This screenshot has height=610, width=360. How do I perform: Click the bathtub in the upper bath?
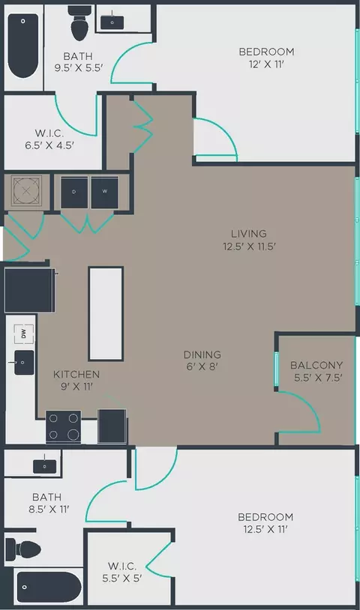23,46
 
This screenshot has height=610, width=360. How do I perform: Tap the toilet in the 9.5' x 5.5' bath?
79,23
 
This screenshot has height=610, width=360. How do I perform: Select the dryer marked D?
74,193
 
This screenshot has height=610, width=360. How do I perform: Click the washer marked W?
105,193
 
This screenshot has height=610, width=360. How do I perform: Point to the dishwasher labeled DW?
24,333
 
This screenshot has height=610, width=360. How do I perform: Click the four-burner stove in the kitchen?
64,426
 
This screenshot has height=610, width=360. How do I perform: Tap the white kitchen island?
106,313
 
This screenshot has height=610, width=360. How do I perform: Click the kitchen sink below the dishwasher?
24,363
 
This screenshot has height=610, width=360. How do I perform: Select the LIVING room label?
249,234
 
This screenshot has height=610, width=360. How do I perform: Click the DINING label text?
202,354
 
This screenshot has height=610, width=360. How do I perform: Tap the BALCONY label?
316,365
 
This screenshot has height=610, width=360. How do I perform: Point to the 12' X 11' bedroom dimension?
266,64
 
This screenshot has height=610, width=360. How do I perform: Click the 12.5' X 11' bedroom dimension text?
265,530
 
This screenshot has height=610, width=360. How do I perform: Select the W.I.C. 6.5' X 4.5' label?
49,139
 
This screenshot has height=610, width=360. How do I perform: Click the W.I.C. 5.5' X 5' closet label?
122,572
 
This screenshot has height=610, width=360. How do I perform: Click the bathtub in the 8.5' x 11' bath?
49,588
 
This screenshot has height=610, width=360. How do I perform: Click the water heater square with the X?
26,190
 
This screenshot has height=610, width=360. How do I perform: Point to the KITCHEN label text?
76,374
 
